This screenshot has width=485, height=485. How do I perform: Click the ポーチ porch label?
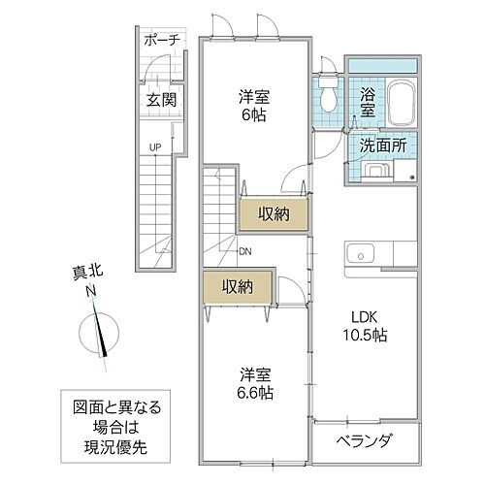pos(159,41)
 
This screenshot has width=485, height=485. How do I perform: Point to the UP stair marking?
pos(154,147)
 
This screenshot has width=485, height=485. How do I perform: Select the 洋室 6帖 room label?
pos(254,105)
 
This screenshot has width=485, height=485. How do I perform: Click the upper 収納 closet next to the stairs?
pos(275,213)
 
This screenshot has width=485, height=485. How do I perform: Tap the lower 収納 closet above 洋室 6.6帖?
pos(237,286)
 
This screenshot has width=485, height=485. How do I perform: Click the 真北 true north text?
pos(89,275)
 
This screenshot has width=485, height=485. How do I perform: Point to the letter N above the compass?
pos(89,292)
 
